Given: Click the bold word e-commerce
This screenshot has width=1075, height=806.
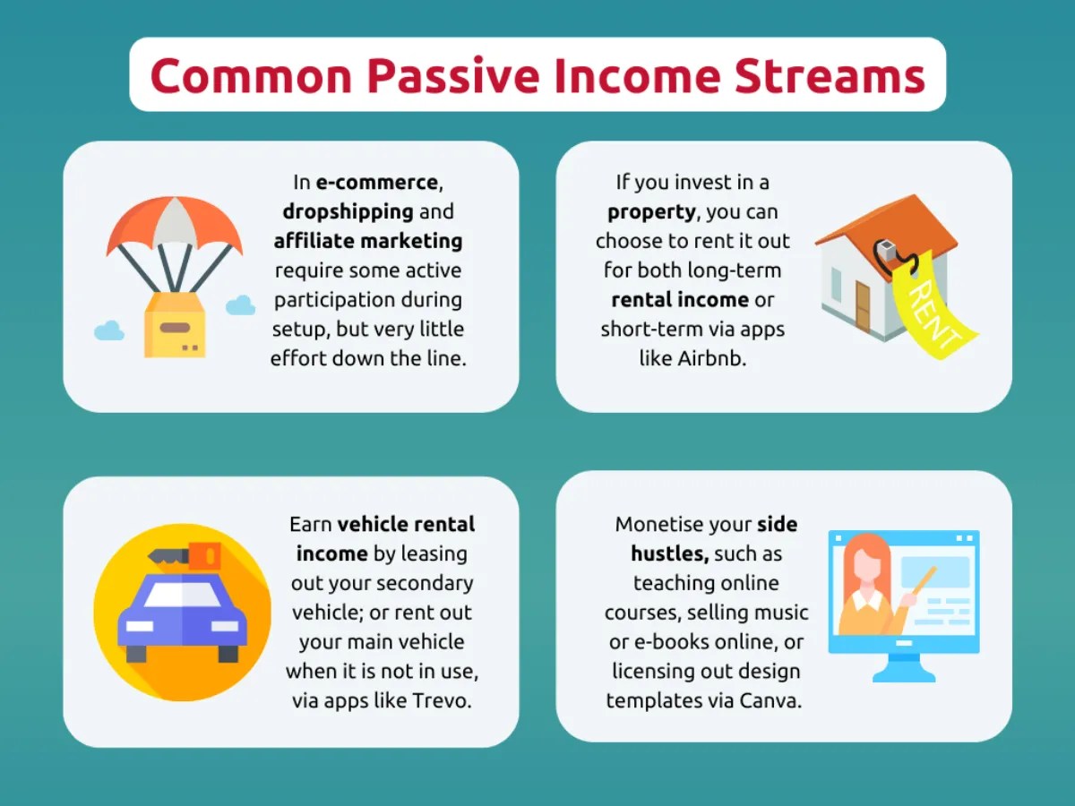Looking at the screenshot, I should coord(377,183).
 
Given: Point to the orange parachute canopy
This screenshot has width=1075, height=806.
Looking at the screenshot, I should coord(174,224).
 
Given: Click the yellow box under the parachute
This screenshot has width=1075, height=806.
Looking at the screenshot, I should coord(175,324).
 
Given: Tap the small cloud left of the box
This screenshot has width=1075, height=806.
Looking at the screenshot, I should coord(109,330).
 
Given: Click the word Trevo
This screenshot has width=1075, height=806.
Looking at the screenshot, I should coord(440,700).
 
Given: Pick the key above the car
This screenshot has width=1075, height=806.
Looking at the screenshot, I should coord(184,555).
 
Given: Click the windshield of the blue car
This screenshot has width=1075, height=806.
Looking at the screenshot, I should coord(182,595).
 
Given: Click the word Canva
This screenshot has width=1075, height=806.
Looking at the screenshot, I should coord(770,700).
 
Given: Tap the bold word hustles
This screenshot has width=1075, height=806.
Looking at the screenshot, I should coord(670,553).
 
